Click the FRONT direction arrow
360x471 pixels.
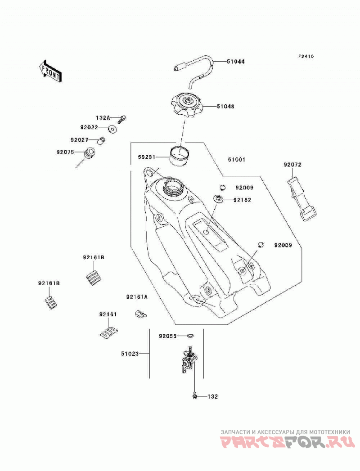50,72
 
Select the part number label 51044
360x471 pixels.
236,62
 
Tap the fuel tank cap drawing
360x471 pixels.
187,105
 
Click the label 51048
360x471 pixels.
225,106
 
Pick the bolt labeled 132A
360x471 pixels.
121,119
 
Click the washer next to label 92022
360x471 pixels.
112,129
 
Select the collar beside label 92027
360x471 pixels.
102,140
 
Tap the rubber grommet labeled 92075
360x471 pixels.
89,153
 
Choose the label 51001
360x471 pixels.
236,160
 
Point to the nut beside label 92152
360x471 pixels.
218,199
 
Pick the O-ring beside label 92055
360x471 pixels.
190,335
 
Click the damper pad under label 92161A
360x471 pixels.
139,314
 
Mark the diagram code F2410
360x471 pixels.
306,56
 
